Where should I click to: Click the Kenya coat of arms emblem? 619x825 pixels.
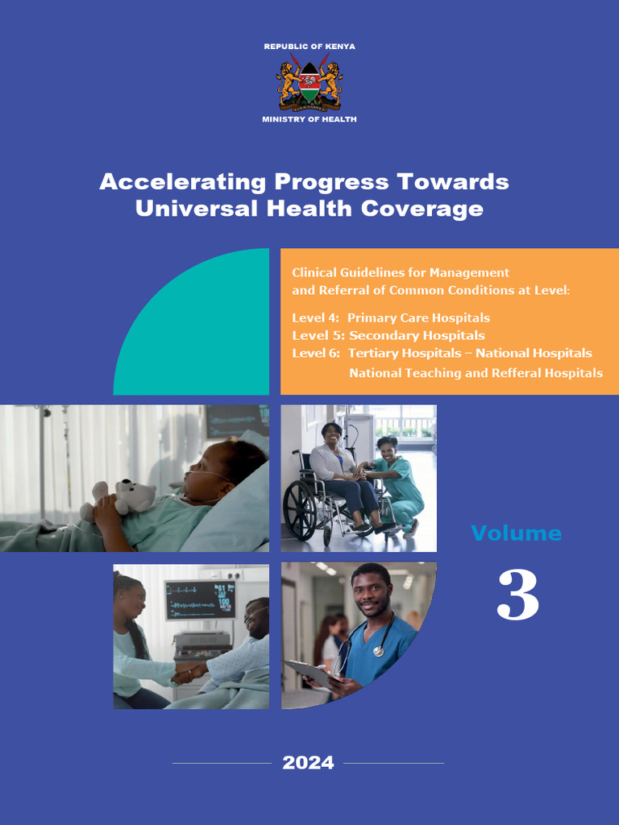pos(309,83)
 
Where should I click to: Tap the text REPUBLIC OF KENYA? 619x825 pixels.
pos(309,47)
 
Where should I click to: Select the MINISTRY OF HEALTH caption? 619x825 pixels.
pos(309,119)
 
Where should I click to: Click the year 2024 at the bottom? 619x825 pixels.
pos(308,763)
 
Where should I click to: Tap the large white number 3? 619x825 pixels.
pos(517,595)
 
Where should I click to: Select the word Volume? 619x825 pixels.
pos(516,533)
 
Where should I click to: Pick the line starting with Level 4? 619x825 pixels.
pos(391,317)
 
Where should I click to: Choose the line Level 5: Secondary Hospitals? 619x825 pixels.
pos(388,335)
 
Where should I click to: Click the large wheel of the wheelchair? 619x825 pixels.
pos(300,511)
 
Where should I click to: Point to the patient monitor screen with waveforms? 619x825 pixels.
pos(200,600)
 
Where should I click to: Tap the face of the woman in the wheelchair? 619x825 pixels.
pos(332,435)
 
